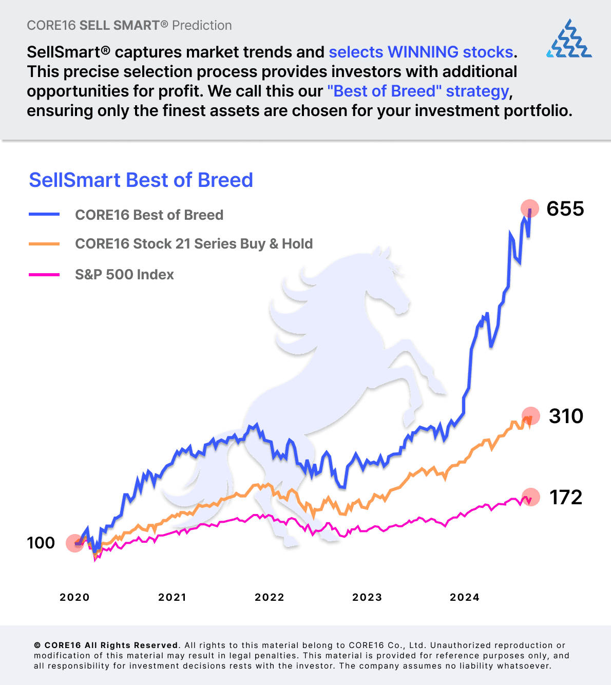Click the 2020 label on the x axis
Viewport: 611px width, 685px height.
point(74,597)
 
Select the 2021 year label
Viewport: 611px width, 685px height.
point(172,597)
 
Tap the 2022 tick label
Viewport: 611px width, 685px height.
point(270,597)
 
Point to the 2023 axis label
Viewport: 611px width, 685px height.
point(367,597)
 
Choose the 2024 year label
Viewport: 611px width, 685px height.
point(465,597)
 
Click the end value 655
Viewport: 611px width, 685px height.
point(565,208)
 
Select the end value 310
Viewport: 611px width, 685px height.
point(566,416)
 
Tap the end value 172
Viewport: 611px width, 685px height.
point(566,497)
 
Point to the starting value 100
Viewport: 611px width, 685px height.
point(41,543)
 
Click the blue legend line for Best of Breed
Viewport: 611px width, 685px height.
point(44,215)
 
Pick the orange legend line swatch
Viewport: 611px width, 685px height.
point(44,244)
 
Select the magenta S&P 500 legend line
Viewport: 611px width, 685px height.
point(44,275)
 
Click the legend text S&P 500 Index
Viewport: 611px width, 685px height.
point(124,275)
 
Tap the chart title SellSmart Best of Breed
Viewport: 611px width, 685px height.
point(141,180)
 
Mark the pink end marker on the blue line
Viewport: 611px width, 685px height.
point(530,208)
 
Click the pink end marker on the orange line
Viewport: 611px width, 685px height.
point(531,415)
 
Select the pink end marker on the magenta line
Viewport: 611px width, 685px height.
point(531,497)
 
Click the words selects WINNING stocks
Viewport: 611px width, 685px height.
point(421,52)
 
